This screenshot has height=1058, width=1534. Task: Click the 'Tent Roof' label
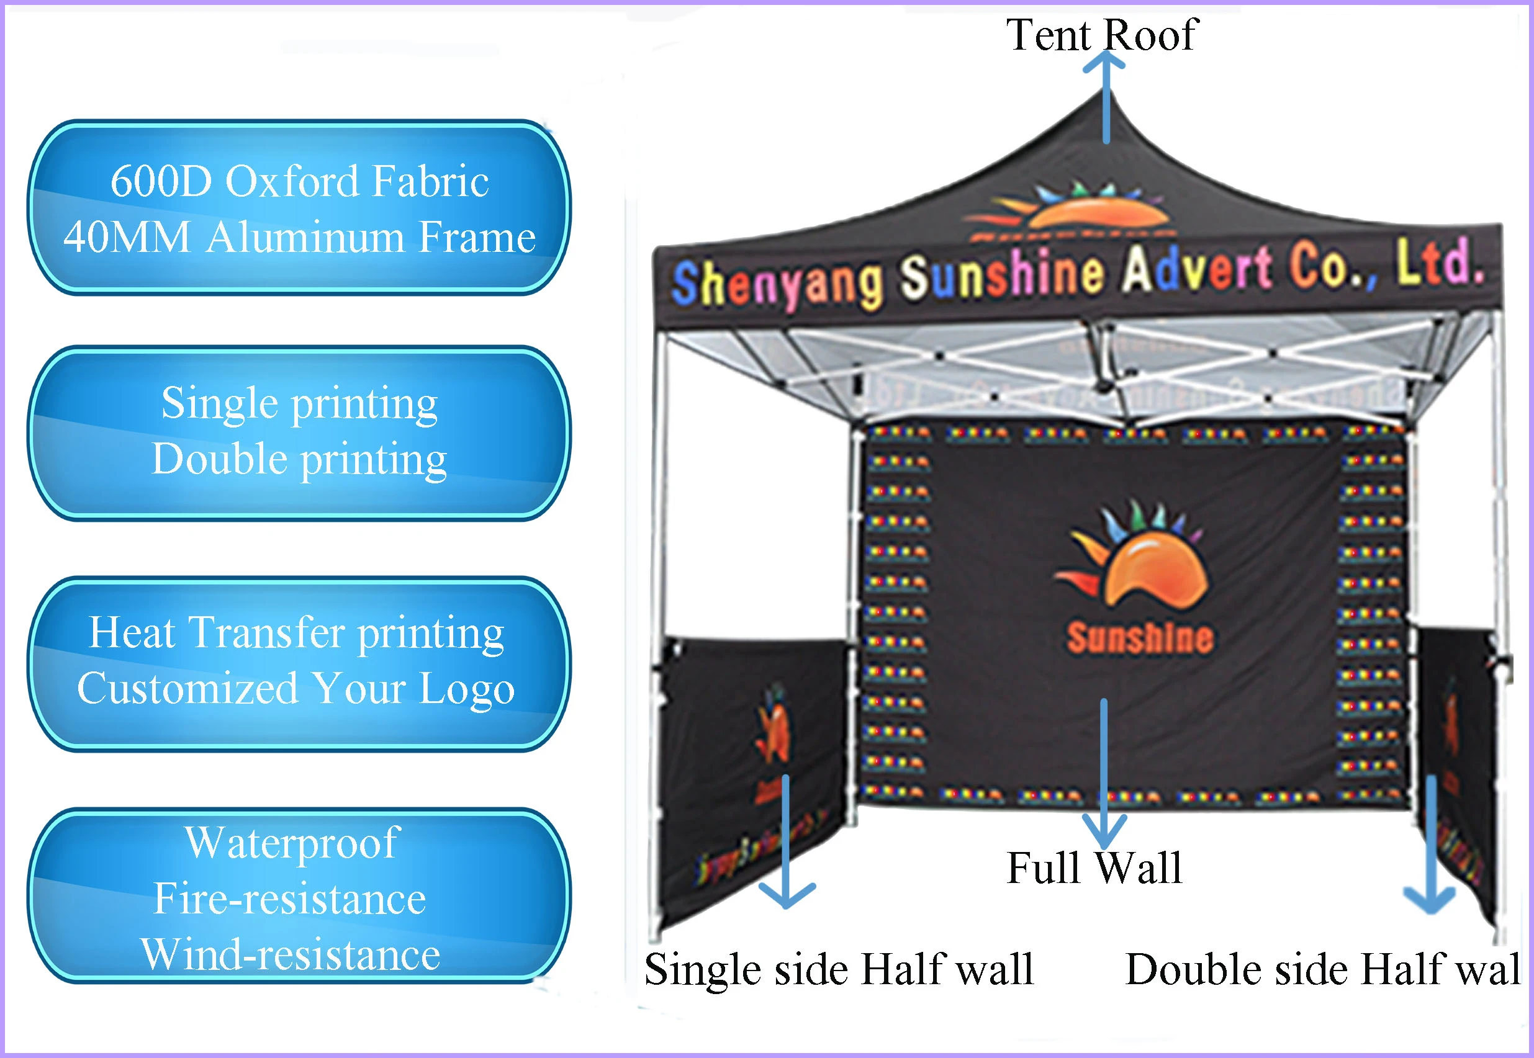click(1101, 35)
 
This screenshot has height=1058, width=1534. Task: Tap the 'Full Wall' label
click(1094, 867)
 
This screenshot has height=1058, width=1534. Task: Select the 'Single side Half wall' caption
click(839, 969)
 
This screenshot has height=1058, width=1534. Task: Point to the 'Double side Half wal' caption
click(1322, 969)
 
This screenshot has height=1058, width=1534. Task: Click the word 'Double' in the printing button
click(219, 459)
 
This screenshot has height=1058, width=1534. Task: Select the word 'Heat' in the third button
click(132, 632)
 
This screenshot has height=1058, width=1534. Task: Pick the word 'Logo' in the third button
click(467, 689)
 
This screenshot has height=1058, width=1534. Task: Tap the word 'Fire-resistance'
click(290, 899)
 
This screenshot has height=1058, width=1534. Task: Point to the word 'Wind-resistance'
click(291, 954)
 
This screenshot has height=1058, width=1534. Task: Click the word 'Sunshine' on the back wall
click(1140, 638)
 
